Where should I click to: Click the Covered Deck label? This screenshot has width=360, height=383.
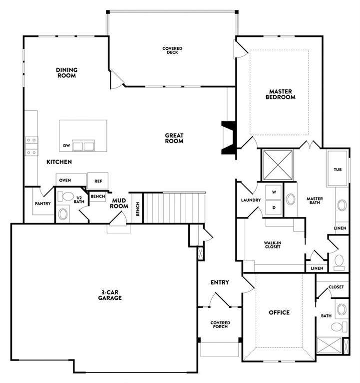click(172, 50)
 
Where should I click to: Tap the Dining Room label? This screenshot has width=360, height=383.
click(66, 73)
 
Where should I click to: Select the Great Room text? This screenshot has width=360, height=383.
click(174, 138)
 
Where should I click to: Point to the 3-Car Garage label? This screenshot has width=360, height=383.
click(110, 295)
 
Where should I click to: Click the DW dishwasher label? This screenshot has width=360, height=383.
click(66, 146)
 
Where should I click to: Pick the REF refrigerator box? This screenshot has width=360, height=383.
click(98, 181)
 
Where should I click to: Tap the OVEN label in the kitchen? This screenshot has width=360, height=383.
click(65, 180)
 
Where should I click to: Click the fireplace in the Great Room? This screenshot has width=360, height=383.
click(228, 138)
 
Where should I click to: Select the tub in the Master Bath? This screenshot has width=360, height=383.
click(338, 169)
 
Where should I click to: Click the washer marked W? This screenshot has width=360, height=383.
click(274, 192)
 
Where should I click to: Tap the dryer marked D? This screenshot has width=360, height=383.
click(274, 207)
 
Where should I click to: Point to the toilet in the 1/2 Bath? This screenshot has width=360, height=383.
click(65, 196)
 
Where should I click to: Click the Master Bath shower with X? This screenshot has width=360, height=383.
click(278, 165)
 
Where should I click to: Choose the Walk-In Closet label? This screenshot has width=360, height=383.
click(273, 245)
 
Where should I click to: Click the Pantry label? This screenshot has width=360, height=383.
click(43, 203)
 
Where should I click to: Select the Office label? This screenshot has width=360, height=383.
click(279, 312)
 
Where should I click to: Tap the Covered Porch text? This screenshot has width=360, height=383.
click(220, 325)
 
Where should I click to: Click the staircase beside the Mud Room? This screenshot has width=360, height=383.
click(174, 207)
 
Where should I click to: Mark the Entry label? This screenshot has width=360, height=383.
click(220, 282)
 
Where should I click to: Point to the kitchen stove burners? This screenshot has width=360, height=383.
click(31, 146)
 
